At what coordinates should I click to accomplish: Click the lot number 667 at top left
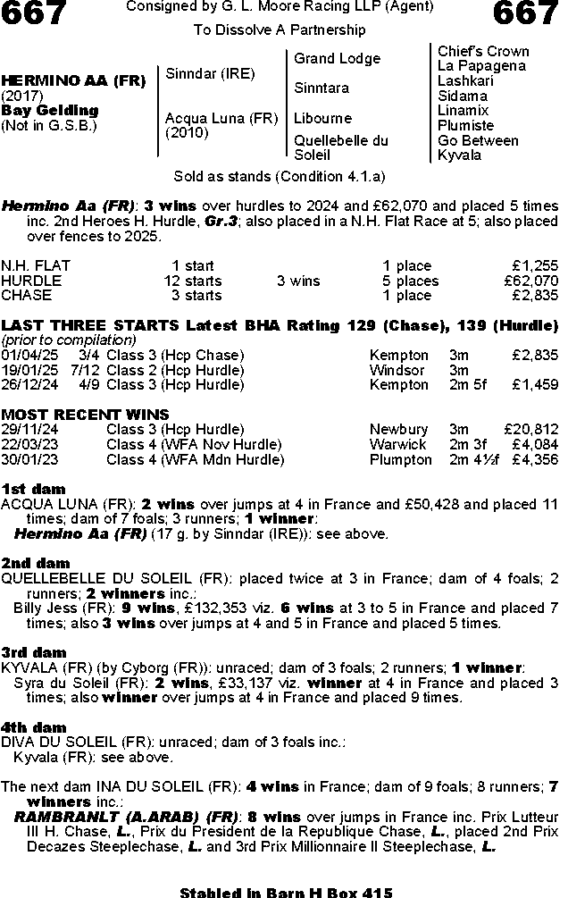click(34, 14)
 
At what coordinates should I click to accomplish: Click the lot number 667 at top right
click(524, 14)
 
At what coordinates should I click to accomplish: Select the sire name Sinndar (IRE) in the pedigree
click(210, 73)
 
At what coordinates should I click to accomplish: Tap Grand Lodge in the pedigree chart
click(337, 59)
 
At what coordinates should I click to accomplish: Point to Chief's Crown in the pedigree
click(482, 51)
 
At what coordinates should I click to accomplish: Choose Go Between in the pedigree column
click(478, 140)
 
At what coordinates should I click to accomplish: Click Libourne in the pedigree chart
click(322, 118)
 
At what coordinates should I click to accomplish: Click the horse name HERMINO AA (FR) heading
click(73, 80)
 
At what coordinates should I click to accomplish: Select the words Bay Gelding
click(50, 111)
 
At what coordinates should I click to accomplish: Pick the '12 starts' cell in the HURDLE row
click(192, 281)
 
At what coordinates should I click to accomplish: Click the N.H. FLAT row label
click(36, 266)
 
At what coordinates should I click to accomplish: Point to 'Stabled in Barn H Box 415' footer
click(286, 892)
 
